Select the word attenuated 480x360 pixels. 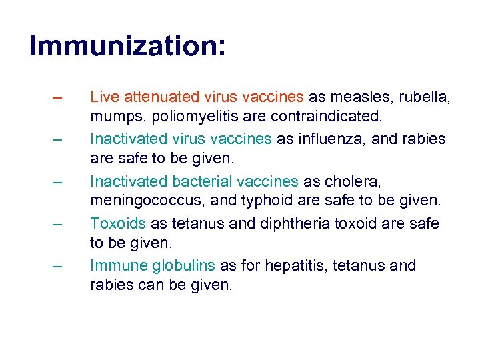[153, 97]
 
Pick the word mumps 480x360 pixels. [111, 117]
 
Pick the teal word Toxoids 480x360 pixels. [117, 223]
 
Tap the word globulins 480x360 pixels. [183, 265]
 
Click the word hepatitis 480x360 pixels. [291, 265]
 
